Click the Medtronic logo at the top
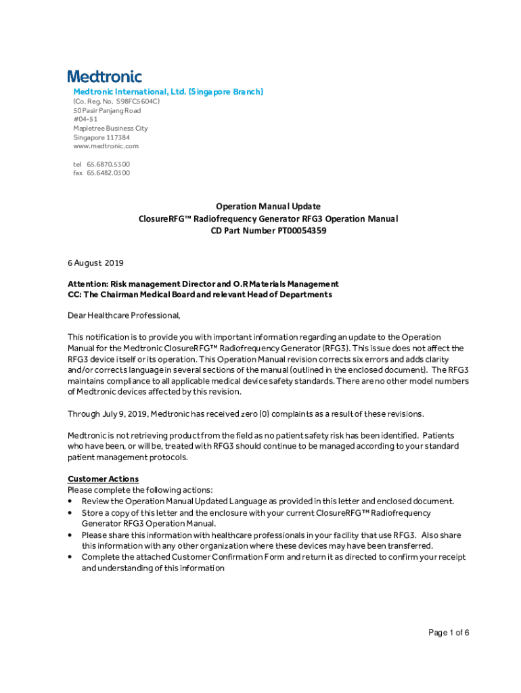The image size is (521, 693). (104, 76)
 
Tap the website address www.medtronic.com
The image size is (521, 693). (106, 146)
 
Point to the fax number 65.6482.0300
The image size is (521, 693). (108, 173)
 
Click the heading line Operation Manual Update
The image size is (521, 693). (268, 206)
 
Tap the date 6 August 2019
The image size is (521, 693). (95, 263)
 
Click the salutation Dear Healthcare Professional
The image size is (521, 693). (124, 315)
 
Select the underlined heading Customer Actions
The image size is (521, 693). (103, 478)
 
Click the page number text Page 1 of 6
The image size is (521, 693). (449, 633)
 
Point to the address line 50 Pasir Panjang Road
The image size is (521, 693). (107, 110)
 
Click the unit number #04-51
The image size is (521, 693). (85, 119)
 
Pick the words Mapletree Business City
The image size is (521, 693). (110, 128)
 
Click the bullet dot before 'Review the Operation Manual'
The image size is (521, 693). (71, 501)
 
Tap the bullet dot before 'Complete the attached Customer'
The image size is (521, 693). (71, 558)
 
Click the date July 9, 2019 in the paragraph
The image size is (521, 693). (124, 413)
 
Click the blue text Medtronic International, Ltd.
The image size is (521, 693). (128, 91)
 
